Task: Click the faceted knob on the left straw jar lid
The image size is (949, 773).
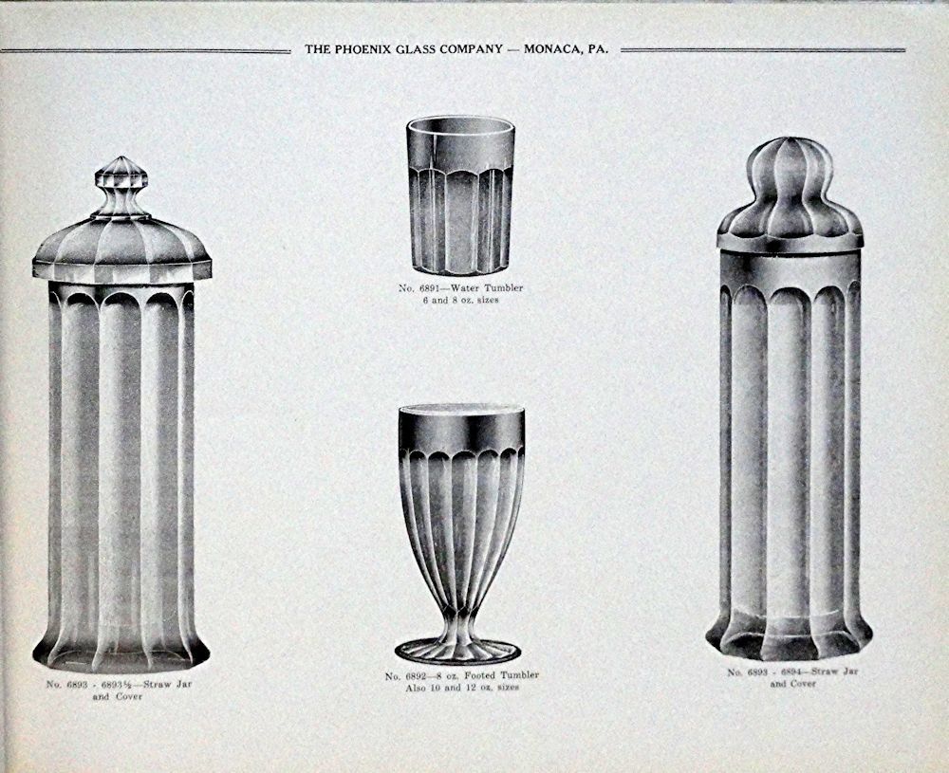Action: pos(121,187)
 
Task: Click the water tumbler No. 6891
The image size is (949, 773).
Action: pos(460,194)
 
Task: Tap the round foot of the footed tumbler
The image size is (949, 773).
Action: pos(457,652)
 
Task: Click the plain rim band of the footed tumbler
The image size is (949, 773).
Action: pos(461,429)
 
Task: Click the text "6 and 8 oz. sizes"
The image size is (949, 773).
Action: pos(461,300)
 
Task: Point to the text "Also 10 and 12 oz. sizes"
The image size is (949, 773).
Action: pos(462,688)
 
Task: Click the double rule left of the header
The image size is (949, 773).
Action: pos(145,51)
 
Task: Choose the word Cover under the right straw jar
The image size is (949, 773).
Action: pos(802,684)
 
